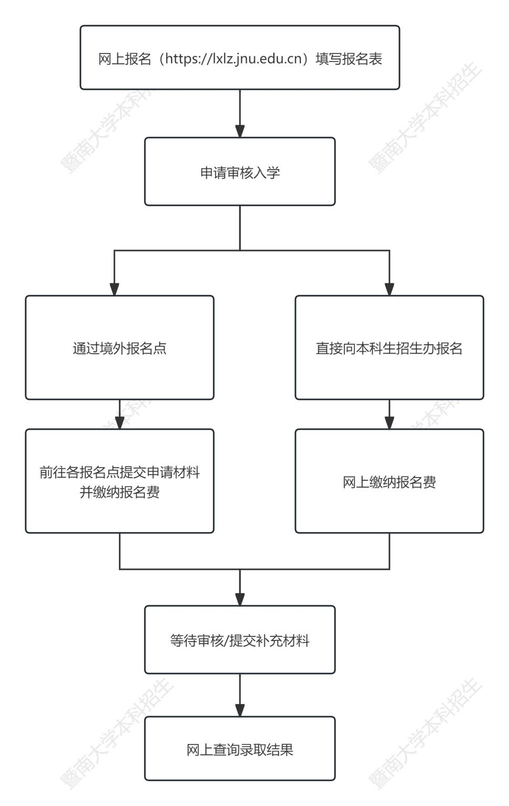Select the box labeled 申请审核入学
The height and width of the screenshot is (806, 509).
pos(240,172)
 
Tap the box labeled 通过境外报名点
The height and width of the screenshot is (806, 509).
pos(119,348)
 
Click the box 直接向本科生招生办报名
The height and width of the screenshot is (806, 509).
pos(389,348)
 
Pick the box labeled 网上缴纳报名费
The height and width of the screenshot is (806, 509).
pos(389,482)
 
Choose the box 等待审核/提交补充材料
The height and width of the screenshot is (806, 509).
pos(240,640)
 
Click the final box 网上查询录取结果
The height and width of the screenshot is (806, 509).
pos(240,749)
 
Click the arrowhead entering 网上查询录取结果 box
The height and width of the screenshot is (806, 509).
pos(240,710)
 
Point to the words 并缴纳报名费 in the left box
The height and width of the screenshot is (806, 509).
pos(119,492)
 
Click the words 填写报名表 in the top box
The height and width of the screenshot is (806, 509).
pos(349,58)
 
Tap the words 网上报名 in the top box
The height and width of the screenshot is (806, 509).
pos(125,58)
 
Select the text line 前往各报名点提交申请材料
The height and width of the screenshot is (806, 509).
pos(119,472)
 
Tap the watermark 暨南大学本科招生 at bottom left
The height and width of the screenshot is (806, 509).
pos(117,734)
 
